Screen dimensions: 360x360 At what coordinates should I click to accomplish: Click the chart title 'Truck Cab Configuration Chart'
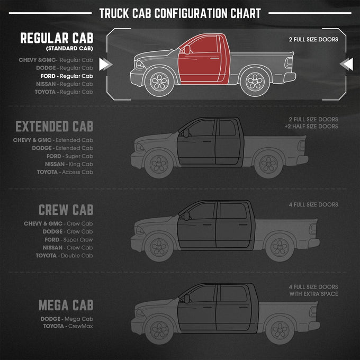[x=180, y=13]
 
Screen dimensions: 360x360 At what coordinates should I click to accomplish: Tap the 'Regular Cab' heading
[x=57, y=38]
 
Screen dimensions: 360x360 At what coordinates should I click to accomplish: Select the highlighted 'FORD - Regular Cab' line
[x=67, y=76]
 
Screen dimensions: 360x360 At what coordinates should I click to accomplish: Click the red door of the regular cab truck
[x=199, y=60]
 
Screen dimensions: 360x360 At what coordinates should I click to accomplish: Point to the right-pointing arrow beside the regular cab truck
[x=105, y=64]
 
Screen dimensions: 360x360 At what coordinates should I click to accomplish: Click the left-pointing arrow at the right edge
[x=346, y=64]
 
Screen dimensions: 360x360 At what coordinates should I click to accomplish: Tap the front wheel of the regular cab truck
[x=159, y=82]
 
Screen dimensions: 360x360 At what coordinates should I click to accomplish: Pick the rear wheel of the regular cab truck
[x=255, y=82]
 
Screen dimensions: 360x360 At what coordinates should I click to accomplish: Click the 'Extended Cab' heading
[x=54, y=127]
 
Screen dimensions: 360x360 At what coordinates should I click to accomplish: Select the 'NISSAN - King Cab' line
[x=69, y=164]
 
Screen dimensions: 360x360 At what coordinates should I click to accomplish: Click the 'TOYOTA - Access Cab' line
[x=65, y=172]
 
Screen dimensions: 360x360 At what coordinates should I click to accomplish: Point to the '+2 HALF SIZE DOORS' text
[x=311, y=127]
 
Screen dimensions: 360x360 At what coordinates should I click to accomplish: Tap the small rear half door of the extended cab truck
[x=228, y=142]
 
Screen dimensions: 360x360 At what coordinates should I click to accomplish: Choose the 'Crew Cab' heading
[x=66, y=210]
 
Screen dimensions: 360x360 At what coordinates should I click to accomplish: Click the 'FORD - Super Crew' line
[x=69, y=240]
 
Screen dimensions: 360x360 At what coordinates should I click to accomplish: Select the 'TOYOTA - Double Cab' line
[x=64, y=256]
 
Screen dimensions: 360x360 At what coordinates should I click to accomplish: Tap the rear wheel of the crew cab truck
[x=280, y=247]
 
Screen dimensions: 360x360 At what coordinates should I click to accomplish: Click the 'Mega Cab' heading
[x=66, y=305]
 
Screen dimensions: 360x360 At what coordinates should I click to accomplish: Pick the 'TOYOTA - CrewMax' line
[x=68, y=326]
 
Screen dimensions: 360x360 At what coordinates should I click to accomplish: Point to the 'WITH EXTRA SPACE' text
[x=313, y=294]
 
